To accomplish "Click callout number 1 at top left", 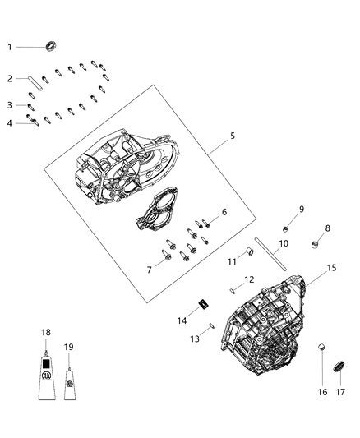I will point(11,47).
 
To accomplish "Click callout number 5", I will point(232,136).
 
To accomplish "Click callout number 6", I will point(224,212).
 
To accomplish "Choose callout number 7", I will point(149,270).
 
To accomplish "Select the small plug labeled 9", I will point(286,227).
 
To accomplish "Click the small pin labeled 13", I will point(212,326).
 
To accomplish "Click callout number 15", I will point(331,268).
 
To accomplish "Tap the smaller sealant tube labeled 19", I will point(70,382).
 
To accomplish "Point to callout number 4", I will point(10,123).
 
